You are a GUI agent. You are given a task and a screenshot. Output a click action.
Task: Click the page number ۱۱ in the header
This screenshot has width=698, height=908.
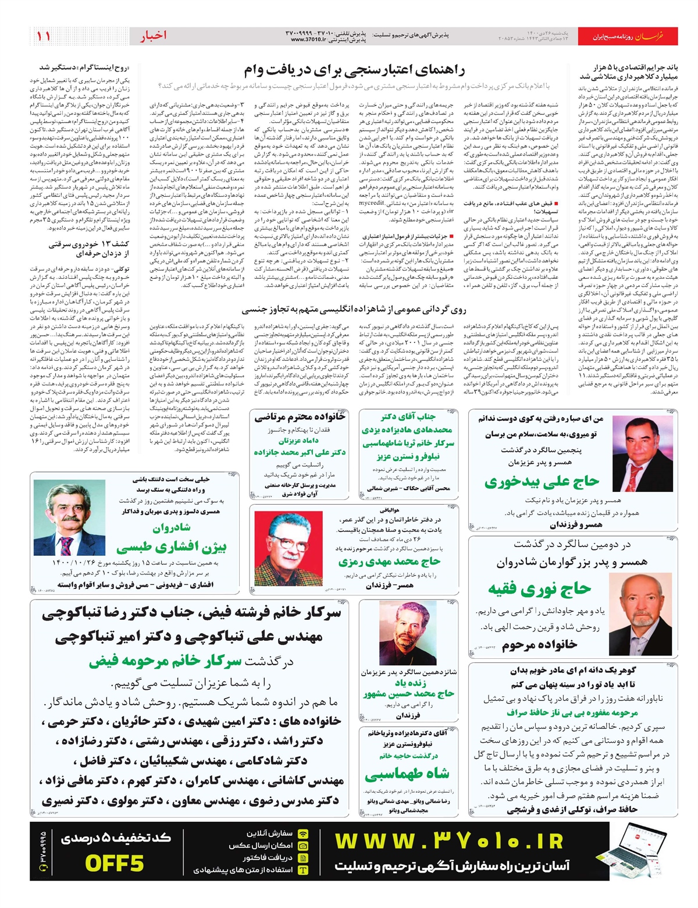pos(43,36)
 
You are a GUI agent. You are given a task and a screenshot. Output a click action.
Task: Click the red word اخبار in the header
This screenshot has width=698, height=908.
pos(153,36)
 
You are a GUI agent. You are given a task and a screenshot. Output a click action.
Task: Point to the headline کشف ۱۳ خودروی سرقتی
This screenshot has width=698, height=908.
pos(89,249)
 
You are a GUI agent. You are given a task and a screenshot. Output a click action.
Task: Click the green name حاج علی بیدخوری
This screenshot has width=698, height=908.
pos(542,481)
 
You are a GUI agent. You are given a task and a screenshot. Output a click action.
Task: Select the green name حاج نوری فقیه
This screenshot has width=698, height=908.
pos(539,589)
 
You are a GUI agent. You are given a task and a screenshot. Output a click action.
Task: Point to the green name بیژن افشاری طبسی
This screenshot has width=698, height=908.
pos(171,547)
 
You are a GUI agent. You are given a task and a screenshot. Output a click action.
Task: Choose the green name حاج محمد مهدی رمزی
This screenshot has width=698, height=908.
pos(389,562)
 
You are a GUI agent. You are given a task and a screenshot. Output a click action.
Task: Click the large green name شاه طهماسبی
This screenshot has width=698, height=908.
pos(407,774)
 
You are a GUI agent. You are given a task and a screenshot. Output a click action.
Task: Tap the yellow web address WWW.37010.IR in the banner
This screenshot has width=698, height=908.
pos(449,841)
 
